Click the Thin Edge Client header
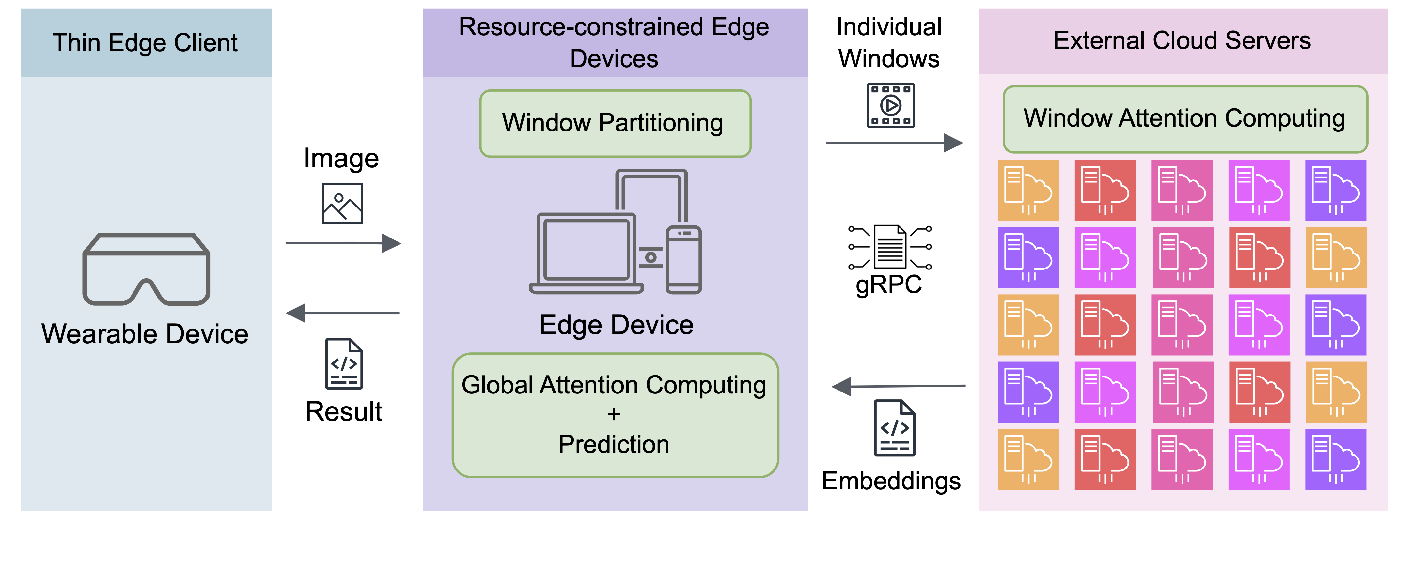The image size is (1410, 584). [x=146, y=43]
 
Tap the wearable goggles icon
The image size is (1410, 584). [x=146, y=269]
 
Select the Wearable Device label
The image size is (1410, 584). [x=145, y=334]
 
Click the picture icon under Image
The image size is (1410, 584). [x=342, y=204]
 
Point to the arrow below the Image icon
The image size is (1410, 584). [x=343, y=243]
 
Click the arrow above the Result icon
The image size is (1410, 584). [x=343, y=313]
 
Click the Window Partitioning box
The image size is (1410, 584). [x=615, y=123]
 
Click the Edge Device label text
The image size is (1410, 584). [x=616, y=325]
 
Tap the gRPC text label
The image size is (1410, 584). [x=888, y=284]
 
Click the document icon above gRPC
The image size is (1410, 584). [x=890, y=246]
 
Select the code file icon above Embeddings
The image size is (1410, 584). [x=894, y=428]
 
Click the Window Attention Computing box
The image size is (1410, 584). [x=1185, y=119]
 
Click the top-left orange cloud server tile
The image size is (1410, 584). [x=1028, y=190]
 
